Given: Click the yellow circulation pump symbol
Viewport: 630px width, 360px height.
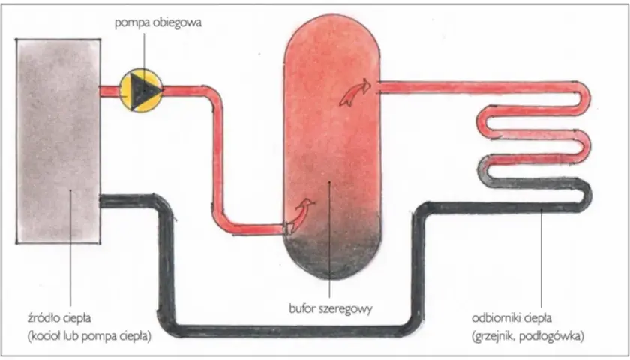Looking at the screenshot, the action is pyautogui.click(x=141, y=91).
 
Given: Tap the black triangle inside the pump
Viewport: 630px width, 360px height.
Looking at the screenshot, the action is pyautogui.click(x=142, y=91).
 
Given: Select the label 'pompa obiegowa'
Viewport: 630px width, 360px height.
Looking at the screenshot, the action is pyautogui.click(x=158, y=22).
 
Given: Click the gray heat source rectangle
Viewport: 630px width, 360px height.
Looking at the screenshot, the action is pyautogui.click(x=58, y=141).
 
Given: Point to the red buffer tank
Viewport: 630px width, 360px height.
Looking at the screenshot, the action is pyautogui.click(x=331, y=147).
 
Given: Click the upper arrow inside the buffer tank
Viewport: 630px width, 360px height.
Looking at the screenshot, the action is pyautogui.click(x=355, y=92).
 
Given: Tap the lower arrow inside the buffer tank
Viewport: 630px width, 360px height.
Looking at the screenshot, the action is pyautogui.click(x=301, y=215).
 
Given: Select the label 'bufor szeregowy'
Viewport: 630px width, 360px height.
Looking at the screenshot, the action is pyautogui.click(x=330, y=308).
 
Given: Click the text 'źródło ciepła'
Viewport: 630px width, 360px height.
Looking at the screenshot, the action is pyautogui.click(x=59, y=317).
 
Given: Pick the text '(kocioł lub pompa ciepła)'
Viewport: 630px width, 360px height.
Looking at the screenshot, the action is pyautogui.click(x=89, y=336).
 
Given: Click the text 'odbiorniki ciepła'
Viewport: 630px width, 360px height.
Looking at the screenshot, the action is pyautogui.click(x=511, y=318).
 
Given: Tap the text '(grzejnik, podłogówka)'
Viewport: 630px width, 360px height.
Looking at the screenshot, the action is pyautogui.click(x=527, y=336).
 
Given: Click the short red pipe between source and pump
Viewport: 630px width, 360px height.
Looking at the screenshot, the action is pyautogui.click(x=109, y=91).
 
